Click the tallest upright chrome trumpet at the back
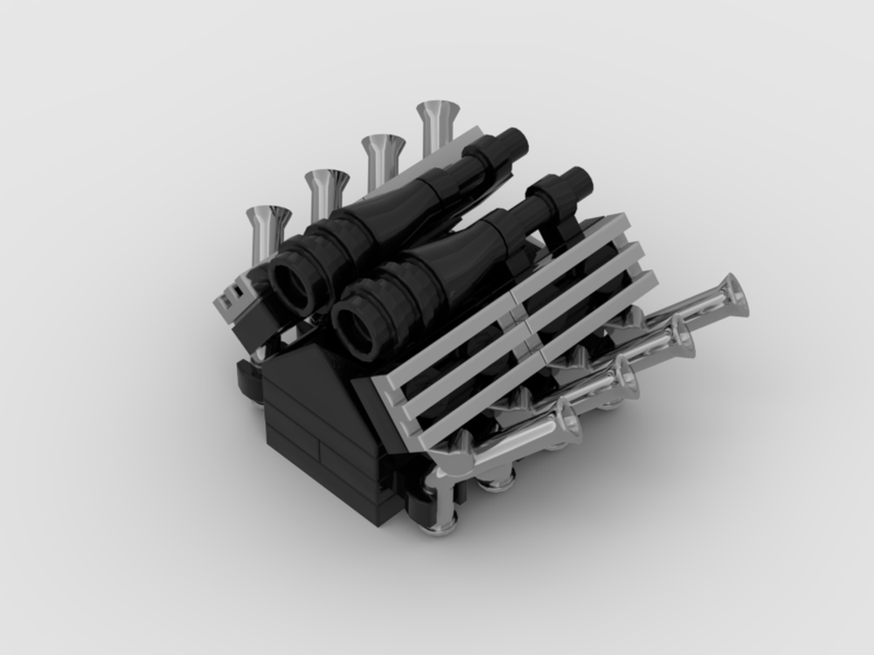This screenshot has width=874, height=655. (x=438, y=118)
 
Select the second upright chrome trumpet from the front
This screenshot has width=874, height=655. (x=327, y=185)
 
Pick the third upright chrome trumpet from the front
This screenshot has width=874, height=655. (x=382, y=151)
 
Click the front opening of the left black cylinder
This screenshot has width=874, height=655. (x=291, y=284)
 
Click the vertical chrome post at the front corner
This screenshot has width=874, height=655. (x=445, y=498)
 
